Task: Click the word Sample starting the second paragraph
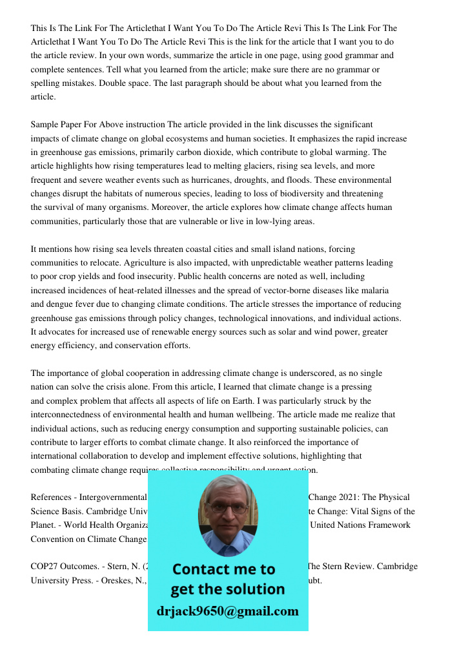(45, 125)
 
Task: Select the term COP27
(43, 567)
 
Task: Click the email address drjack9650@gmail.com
(227, 611)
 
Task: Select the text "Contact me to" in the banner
(224, 569)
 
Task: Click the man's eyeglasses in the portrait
(227, 508)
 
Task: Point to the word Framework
(387, 525)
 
